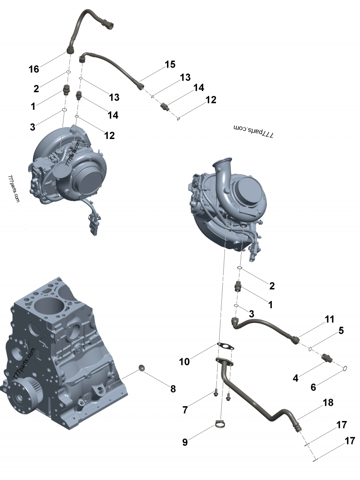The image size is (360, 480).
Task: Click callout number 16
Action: pyautogui.click(x=34, y=69)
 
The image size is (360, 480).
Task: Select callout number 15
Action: pyautogui.click(x=170, y=64)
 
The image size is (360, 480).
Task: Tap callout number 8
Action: pyautogui.click(x=173, y=389)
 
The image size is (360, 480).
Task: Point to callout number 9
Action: pyautogui.click(x=184, y=442)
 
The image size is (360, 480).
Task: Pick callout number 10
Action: pyautogui.click(x=185, y=361)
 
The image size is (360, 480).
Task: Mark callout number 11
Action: pyautogui.click(x=330, y=319)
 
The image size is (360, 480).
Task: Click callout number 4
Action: pyautogui.click(x=296, y=378)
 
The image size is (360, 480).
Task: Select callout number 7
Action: pyautogui.click(x=185, y=410)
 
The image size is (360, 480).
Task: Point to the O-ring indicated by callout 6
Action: pyautogui.click(x=345, y=369)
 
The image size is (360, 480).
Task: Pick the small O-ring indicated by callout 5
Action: pyautogui.click(x=310, y=349)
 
